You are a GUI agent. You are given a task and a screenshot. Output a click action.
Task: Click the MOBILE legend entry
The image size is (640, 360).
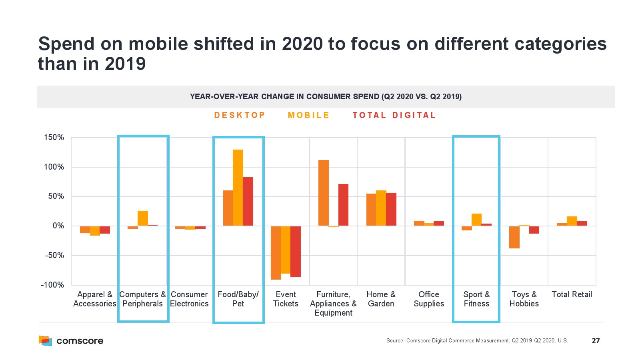click(x=308, y=115)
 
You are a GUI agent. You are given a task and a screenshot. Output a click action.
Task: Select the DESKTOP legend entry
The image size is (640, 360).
click(x=240, y=115)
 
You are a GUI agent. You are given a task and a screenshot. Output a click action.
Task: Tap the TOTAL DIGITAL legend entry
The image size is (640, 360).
click(x=394, y=115)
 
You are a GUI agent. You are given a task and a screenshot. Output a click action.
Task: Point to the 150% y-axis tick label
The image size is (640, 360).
click(x=54, y=138)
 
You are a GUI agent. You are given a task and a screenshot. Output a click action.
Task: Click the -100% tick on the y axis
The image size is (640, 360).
click(x=52, y=285)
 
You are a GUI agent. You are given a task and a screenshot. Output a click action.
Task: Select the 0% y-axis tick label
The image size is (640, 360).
click(x=58, y=226)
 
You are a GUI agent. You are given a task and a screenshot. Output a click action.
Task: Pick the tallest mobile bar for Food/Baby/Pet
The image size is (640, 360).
click(x=238, y=188)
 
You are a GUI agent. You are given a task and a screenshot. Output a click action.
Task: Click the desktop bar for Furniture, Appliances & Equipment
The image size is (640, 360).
click(x=324, y=193)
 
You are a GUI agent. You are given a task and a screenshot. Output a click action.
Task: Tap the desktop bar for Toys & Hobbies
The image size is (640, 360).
click(x=514, y=237)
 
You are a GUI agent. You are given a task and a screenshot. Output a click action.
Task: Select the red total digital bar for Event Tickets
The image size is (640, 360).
click(x=296, y=252)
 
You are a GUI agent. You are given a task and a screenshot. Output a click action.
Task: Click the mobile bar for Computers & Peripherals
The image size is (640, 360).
click(x=143, y=218)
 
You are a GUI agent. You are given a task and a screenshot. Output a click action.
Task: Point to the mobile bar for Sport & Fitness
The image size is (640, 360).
click(x=476, y=220)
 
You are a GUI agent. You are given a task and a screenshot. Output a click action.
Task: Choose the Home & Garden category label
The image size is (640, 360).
click(x=381, y=299)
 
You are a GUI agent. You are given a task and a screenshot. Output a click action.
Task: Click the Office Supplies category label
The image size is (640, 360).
click(x=429, y=299)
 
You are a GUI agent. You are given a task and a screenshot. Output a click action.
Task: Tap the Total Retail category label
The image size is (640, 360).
click(x=572, y=295)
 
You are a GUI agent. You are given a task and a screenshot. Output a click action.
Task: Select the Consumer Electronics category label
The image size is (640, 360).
click(x=189, y=299)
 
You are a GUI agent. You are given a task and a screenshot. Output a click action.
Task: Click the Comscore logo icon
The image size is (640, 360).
click(x=45, y=341)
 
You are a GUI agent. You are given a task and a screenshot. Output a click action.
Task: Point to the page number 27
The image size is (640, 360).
click(x=596, y=341)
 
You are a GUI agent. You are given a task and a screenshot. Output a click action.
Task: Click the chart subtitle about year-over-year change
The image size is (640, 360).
click(x=326, y=97)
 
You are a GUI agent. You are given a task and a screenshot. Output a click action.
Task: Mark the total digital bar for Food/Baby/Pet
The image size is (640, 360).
click(x=248, y=202)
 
